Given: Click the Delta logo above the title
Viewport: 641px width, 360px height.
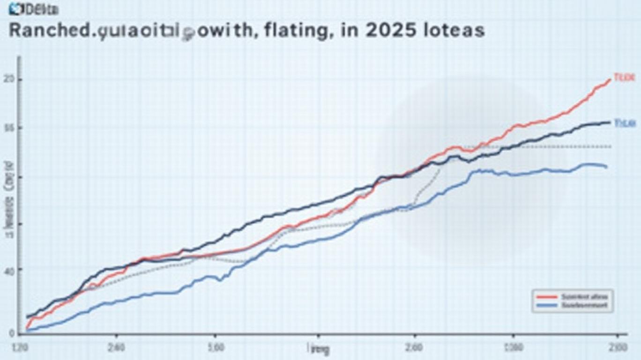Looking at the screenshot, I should (33, 8).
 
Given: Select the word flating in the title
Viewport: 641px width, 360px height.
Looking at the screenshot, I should (289, 30).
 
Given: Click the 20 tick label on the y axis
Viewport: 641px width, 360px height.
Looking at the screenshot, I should (7, 80).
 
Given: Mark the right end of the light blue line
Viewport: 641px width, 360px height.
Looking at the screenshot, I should (607, 167).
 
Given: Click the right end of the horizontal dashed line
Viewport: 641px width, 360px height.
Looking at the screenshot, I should (611, 147).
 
